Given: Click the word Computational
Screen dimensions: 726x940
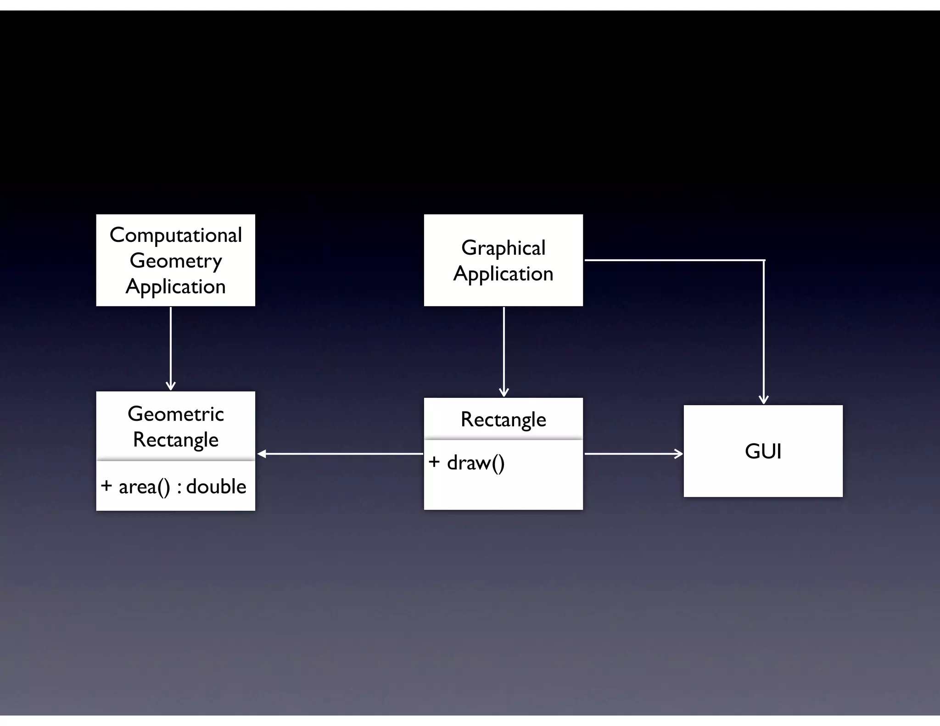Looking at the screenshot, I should tap(175, 235).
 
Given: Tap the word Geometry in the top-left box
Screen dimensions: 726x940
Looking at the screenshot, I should tap(175, 261).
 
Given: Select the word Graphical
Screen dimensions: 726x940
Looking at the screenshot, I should tap(503, 248).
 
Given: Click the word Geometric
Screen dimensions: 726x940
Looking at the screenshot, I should tap(175, 414).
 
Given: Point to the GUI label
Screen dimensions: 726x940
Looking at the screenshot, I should tap(763, 451).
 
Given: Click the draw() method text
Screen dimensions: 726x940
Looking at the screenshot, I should tap(476, 463).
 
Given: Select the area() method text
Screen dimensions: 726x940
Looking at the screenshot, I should tap(144, 487).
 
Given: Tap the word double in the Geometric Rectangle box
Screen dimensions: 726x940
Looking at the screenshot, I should tap(216, 486).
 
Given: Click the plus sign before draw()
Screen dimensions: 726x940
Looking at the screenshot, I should tap(434, 462).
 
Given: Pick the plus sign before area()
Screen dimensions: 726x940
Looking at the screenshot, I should tap(106, 486).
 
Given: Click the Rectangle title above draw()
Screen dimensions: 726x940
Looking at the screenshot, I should tap(503, 419).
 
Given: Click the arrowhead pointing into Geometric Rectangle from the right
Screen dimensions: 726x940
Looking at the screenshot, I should tap(261, 454).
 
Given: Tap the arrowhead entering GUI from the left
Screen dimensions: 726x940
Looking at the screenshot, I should tap(678, 454).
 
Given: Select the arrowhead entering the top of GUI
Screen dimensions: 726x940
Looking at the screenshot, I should tap(764, 399).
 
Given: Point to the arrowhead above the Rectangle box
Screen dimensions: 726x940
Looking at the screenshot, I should tap(504, 392).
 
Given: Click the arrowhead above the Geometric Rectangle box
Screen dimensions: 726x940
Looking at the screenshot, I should tap(171, 386).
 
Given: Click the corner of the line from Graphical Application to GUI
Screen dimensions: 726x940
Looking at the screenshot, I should tap(764, 260).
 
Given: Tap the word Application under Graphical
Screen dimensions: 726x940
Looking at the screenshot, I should tap(503, 274).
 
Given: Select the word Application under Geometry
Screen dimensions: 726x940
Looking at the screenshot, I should tap(175, 287).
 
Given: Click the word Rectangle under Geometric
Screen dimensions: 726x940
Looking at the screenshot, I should tap(175, 440).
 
